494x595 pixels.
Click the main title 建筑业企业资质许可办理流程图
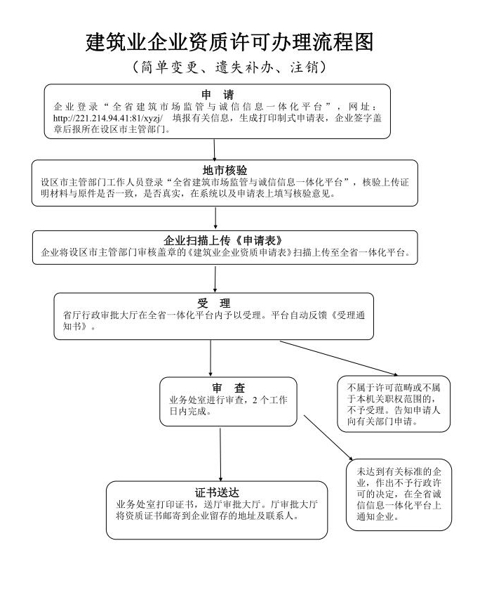[229, 42]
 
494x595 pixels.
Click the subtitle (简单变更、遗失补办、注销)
[229, 68]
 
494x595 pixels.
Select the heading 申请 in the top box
[218, 94]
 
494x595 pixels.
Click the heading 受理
[214, 303]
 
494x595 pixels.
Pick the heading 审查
[228, 388]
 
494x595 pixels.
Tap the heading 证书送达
[217, 492]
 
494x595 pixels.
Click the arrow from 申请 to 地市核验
[215, 149]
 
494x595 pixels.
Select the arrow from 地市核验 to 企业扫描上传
[215, 218]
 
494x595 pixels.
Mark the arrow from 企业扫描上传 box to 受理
[215, 278]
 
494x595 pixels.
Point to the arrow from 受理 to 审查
[211, 358]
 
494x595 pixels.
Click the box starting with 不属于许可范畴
[394, 405]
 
